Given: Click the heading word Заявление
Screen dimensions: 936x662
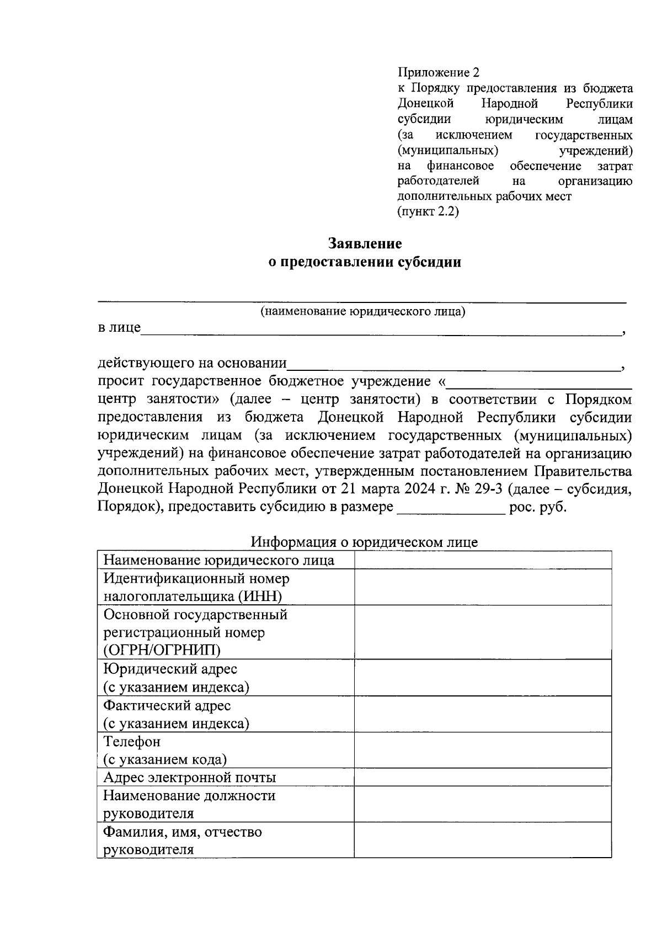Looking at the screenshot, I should pyautogui.click(x=365, y=243).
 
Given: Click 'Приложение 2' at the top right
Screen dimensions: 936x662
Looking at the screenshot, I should pyautogui.click(x=439, y=73).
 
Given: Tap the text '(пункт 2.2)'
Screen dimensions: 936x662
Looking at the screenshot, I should pyautogui.click(x=428, y=211).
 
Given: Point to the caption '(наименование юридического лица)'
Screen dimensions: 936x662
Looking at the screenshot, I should pyautogui.click(x=363, y=312).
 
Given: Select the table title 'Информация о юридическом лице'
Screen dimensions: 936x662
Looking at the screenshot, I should pyautogui.click(x=364, y=542).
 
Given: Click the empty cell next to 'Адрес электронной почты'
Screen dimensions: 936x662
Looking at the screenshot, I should pyautogui.click(x=483, y=778).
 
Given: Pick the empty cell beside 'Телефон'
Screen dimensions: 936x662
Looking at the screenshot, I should pyautogui.click(x=483, y=750).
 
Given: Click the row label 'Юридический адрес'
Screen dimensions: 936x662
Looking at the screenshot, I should pyautogui.click(x=170, y=669).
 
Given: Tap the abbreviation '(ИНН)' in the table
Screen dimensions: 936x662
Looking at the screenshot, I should pyautogui.click(x=260, y=596).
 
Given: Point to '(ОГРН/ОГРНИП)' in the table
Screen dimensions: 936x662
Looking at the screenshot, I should pyautogui.click(x=162, y=650).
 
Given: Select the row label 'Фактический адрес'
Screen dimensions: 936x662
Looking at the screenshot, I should pyautogui.click(x=167, y=705).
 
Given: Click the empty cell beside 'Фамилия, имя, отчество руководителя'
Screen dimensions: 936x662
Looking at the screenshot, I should pyautogui.click(x=483, y=840).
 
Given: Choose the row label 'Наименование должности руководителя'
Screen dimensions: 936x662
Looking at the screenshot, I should pyautogui.click(x=189, y=804).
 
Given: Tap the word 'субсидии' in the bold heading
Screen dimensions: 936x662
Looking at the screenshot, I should pyautogui.click(x=428, y=262).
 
